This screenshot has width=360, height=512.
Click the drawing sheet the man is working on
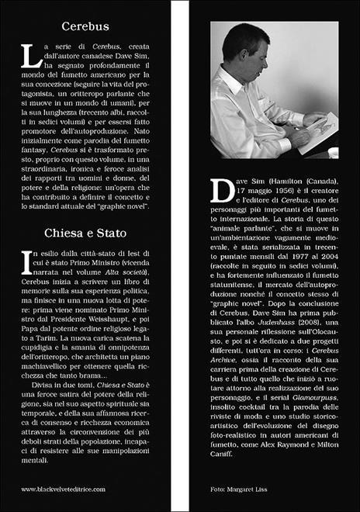tap(320, 124)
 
